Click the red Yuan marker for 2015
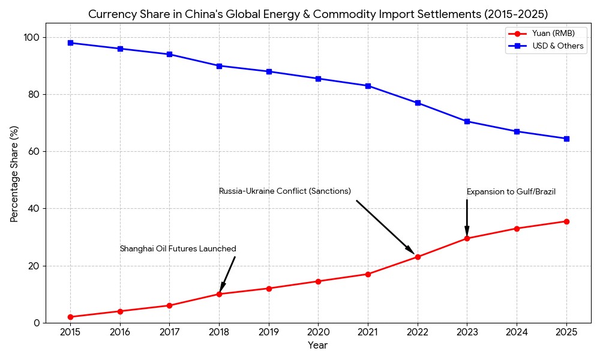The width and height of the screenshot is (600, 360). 70,317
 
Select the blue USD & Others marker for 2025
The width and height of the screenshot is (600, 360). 566,139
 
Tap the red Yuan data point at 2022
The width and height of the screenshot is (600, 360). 418,257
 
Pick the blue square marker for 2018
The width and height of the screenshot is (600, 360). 219,66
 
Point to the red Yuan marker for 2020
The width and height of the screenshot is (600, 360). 318,281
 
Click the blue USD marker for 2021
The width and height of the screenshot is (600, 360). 368,86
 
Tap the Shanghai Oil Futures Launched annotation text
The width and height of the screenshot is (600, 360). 178,249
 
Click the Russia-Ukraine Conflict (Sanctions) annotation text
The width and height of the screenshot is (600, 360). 285,191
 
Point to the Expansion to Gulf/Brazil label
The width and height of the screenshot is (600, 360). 511,192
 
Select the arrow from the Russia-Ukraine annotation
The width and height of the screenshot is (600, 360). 385,227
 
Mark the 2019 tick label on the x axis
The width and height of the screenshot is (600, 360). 269,332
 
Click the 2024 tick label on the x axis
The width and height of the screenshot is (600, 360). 517,332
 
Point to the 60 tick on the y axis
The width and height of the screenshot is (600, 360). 33,152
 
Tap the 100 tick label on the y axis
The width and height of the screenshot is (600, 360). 31,37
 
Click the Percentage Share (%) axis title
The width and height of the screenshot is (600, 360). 14,174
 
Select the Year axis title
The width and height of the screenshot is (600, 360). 318,346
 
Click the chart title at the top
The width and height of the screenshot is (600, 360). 318,14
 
